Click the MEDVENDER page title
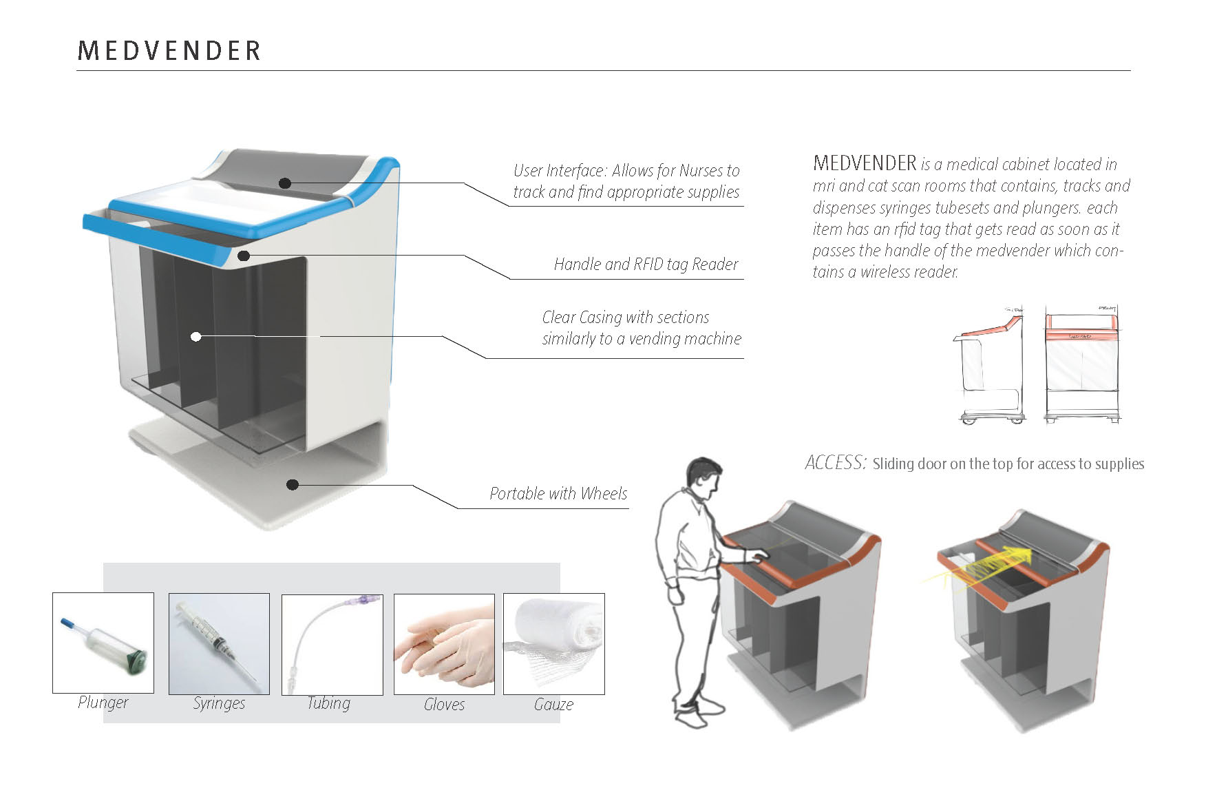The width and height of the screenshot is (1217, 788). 169,51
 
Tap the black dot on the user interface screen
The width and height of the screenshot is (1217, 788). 285,183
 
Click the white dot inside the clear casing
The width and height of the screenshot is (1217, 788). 196,337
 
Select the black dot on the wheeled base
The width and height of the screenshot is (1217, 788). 292,485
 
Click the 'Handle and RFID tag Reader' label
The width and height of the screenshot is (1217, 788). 646,265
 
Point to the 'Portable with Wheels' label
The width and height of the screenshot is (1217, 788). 558,494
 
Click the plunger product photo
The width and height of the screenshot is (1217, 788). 103,643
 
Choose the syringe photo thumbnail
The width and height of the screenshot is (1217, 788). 219,643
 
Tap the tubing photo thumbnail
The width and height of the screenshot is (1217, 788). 332,644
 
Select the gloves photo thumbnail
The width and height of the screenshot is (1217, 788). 444,644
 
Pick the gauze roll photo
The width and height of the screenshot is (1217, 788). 553,644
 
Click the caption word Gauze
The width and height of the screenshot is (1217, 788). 553,705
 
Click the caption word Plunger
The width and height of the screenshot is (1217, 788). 103,703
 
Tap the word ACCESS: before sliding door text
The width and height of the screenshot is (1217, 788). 835,463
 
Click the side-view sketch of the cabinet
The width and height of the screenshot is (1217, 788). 990,365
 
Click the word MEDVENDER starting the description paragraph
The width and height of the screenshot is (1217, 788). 865,164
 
